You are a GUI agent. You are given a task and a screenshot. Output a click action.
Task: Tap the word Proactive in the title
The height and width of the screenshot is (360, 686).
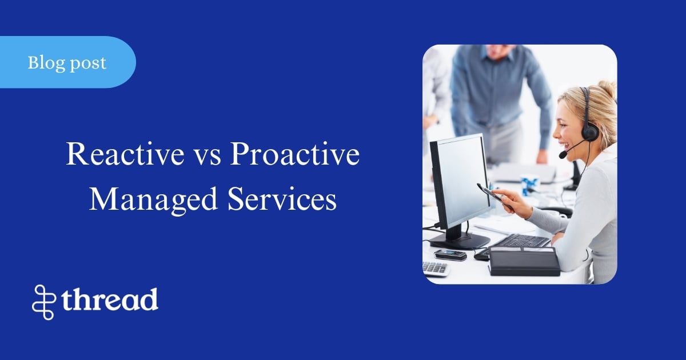coord(294,155)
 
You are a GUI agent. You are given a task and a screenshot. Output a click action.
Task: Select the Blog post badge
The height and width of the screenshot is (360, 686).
coord(67,62)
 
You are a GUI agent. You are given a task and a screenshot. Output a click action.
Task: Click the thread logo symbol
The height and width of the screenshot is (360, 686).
coord(44,301)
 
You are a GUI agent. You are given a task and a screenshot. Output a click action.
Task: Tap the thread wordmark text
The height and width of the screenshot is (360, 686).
coord(110,299)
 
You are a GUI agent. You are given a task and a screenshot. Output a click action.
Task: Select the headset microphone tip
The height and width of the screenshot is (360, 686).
coord(563,155)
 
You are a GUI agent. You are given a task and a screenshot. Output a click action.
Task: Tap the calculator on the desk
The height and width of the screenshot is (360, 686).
coord(435,268)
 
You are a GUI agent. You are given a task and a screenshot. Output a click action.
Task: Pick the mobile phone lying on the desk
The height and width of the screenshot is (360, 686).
coord(449,255)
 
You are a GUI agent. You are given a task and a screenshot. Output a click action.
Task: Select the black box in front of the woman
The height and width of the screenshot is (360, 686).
coord(524,261)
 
